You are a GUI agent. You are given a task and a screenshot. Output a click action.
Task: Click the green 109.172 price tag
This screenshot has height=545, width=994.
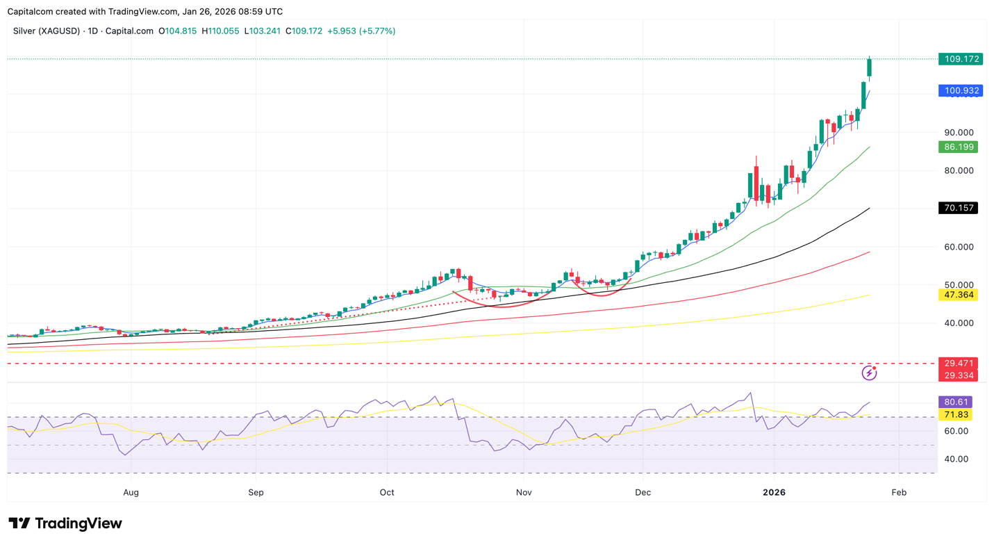pos(960,59)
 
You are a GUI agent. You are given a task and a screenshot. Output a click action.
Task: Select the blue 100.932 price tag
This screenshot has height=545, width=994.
pos(960,91)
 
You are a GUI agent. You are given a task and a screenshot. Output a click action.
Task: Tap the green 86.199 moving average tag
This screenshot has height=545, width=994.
pos(958,147)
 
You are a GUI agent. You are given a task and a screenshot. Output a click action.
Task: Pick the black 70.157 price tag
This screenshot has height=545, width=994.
pos(958,208)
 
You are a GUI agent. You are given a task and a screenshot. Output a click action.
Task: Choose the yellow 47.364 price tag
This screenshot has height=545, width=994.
pos(958,295)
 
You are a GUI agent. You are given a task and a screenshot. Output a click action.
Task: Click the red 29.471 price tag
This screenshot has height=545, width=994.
pos(958,363)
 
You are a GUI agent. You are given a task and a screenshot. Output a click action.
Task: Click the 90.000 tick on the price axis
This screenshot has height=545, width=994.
pos(959,132)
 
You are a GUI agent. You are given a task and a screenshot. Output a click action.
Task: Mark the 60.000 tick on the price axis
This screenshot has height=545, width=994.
pos(959,247)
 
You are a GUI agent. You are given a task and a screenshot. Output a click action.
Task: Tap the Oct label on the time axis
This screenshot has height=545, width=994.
pos(387,492)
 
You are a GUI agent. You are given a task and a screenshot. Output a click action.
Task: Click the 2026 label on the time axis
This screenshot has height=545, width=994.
pos(774,492)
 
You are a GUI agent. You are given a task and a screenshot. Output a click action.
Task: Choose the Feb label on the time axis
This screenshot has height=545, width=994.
pos(899,492)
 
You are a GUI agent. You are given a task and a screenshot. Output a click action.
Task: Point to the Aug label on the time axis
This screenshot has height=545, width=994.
pos(131,492)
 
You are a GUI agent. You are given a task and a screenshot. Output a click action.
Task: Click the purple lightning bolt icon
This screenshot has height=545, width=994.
pos(869,373)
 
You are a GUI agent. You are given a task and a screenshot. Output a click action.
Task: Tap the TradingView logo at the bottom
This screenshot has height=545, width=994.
pos(65,523)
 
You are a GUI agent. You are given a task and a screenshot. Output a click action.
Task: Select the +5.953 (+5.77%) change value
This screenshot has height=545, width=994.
pos(361,31)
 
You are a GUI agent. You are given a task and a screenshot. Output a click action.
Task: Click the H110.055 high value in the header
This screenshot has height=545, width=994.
pos(220,31)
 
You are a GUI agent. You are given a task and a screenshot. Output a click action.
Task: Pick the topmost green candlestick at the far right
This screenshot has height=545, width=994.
pos(869,67)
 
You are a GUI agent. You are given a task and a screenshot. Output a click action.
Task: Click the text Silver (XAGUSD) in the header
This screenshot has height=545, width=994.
pos(46,31)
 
